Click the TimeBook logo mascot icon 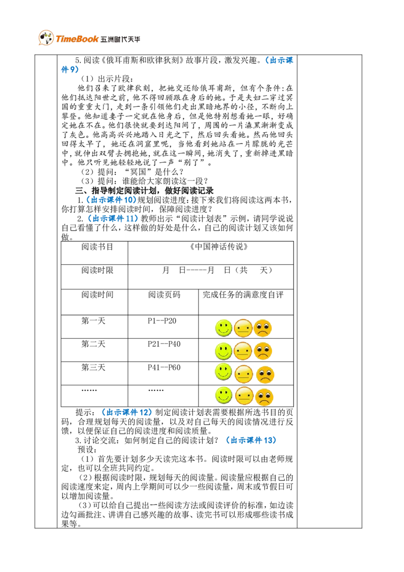[45, 38]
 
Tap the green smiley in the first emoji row [223, 328]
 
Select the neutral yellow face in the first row [243, 328]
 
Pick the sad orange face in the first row [263, 328]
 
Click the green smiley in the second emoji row [223, 351]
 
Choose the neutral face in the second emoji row [243, 351]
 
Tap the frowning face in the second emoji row [263, 351]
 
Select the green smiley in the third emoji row [223, 372]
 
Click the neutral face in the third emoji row [243, 374]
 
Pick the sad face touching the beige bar [265, 374]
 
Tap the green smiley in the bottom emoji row [223, 395]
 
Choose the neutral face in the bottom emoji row [244, 396]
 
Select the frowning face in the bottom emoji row [264, 397]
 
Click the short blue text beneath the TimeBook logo [70, 70]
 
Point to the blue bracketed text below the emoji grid [252, 440]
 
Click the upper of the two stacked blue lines [112, 200]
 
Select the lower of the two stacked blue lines [113, 218]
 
